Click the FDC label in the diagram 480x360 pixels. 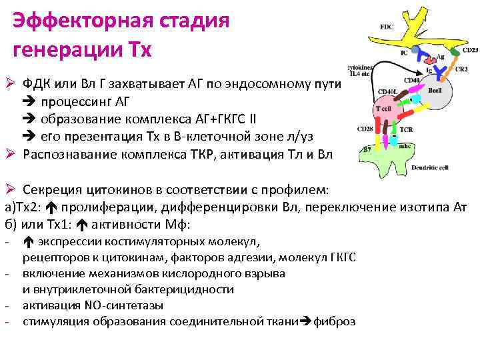pyautogui.click(x=387, y=27)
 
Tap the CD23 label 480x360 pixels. pyautogui.click(x=470, y=50)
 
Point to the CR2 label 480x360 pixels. pyautogui.click(x=461, y=69)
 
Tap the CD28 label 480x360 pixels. pyautogui.click(x=364, y=128)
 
